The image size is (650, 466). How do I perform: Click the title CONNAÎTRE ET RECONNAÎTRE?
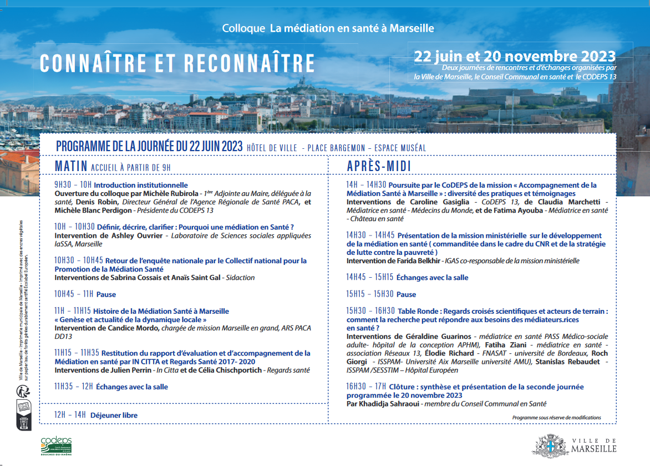(x=177, y=63)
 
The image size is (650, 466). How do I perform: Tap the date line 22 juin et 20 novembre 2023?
(x=515, y=56)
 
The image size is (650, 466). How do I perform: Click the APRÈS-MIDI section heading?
(x=379, y=166)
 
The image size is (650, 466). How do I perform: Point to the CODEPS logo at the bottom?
(x=56, y=445)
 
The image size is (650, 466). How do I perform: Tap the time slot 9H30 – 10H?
(x=73, y=185)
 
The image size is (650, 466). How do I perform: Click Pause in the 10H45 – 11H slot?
(x=106, y=294)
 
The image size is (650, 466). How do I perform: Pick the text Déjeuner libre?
(x=114, y=415)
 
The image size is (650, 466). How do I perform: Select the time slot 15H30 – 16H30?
(x=370, y=311)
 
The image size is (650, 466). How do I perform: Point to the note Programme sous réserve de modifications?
(x=556, y=418)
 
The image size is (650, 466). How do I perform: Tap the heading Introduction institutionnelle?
(x=141, y=185)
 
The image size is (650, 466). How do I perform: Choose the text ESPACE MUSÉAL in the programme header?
(x=400, y=148)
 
